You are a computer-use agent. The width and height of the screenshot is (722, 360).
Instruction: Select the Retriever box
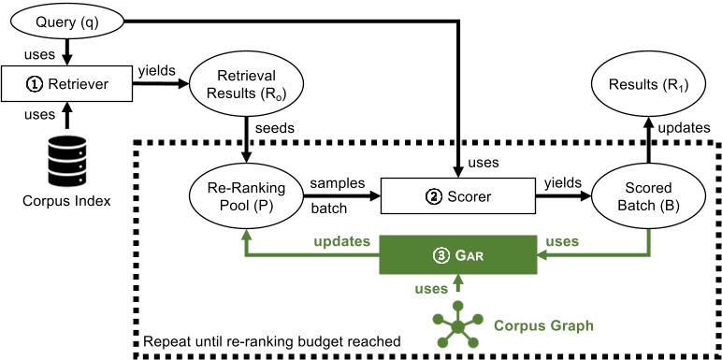pos(67,87)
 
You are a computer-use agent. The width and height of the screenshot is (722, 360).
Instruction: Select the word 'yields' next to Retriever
pos(156,71)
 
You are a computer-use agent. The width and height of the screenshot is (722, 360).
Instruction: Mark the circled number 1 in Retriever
pos(34,87)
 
